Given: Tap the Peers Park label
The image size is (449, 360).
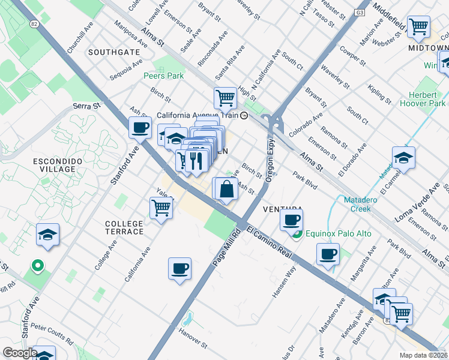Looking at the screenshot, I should coord(164,76).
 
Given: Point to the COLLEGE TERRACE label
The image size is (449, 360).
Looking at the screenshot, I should coord(124,227).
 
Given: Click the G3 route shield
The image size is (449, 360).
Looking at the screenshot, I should coord(360,12).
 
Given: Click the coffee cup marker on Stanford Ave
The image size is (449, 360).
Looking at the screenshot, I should coord(140,127).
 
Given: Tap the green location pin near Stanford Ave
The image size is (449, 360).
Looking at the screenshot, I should coord(37,265).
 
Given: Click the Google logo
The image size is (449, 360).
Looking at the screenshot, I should coord(20,353).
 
